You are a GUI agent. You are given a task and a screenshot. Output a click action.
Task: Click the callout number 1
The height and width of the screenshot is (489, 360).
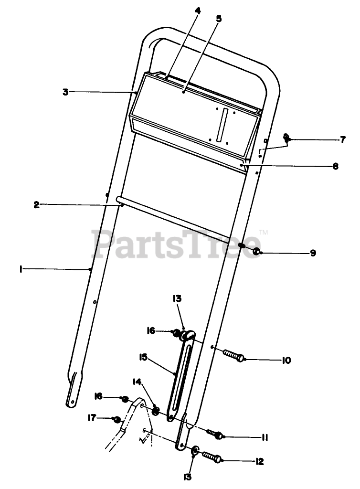coord(21,269)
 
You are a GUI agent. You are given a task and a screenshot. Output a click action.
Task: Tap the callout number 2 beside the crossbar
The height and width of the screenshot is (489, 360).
coord(37,204)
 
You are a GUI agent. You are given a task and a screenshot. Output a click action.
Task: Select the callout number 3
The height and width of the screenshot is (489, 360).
coord(65,91)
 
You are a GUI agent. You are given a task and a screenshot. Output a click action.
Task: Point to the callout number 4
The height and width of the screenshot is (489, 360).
coord(197,11)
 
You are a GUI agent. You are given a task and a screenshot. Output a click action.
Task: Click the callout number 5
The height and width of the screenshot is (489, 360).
coord(219,19)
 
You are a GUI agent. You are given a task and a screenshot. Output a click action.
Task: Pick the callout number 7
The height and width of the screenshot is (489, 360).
coord(342,139)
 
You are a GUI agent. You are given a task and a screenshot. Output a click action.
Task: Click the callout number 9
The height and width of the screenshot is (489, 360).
coord(313,253)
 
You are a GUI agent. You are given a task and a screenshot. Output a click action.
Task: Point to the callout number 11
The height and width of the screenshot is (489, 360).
coord(265,437)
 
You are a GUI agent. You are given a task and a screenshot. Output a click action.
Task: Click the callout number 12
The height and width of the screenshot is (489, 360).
coord(259,461)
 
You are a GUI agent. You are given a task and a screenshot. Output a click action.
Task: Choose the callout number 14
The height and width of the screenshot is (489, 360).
coord(137,382)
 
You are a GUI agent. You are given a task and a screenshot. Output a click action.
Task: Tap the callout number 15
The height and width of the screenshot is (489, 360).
coord(143,357)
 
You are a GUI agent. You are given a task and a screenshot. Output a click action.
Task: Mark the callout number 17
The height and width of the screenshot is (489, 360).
coord(90,417)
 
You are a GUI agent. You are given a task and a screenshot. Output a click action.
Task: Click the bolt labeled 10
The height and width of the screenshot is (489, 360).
coord(233,356)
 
